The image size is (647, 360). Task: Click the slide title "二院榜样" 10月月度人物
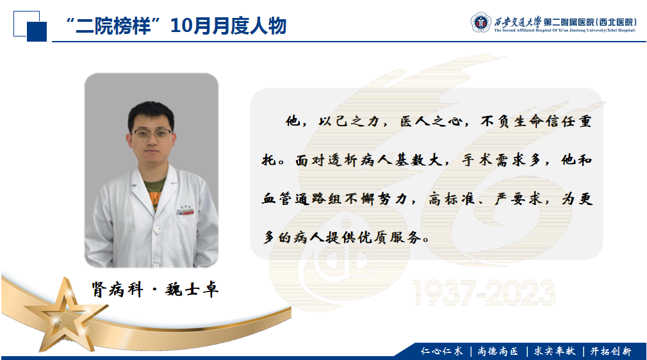coord(176,26)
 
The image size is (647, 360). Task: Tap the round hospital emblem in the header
coord(480,22)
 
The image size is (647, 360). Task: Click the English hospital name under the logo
coord(564,30)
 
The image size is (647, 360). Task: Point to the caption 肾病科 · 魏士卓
coord(155,290)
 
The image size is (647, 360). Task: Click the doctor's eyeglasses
coord(152,134)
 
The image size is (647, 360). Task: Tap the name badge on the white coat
coord(185,212)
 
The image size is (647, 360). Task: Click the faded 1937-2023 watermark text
coord(484,293)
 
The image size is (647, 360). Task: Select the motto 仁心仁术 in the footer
coord(441,351)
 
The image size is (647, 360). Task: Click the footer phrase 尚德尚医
coord(498,351)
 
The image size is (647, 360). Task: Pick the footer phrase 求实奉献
coord(555,351)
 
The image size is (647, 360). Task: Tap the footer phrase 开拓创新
coord(610,351)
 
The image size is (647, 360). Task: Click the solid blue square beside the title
coord(37,31)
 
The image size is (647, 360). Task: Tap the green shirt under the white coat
coord(154,193)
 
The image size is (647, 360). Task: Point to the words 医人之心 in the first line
coord(431,121)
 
